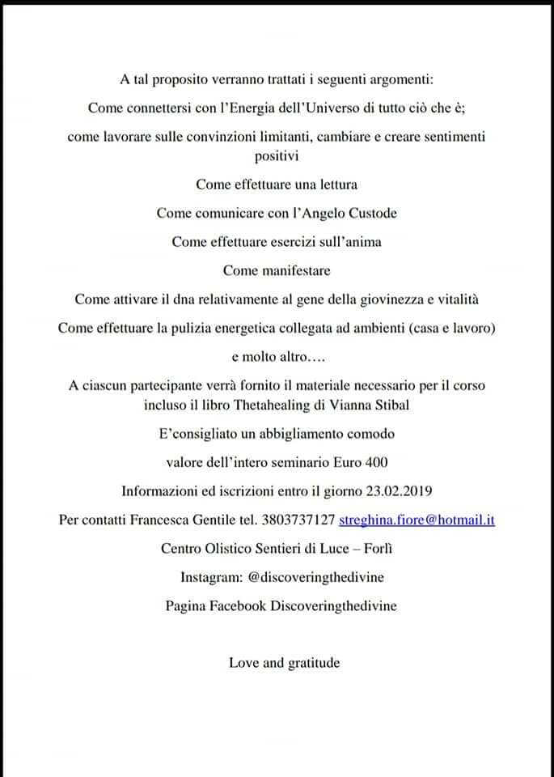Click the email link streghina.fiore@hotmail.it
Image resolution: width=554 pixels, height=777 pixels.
[x=417, y=520]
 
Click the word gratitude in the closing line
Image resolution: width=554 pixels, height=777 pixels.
[x=314, y=663]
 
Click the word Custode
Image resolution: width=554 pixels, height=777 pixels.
[x=370, y=213]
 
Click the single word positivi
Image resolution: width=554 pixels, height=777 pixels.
[x=277, y=155]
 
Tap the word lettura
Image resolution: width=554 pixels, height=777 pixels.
[x=334, y=184]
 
